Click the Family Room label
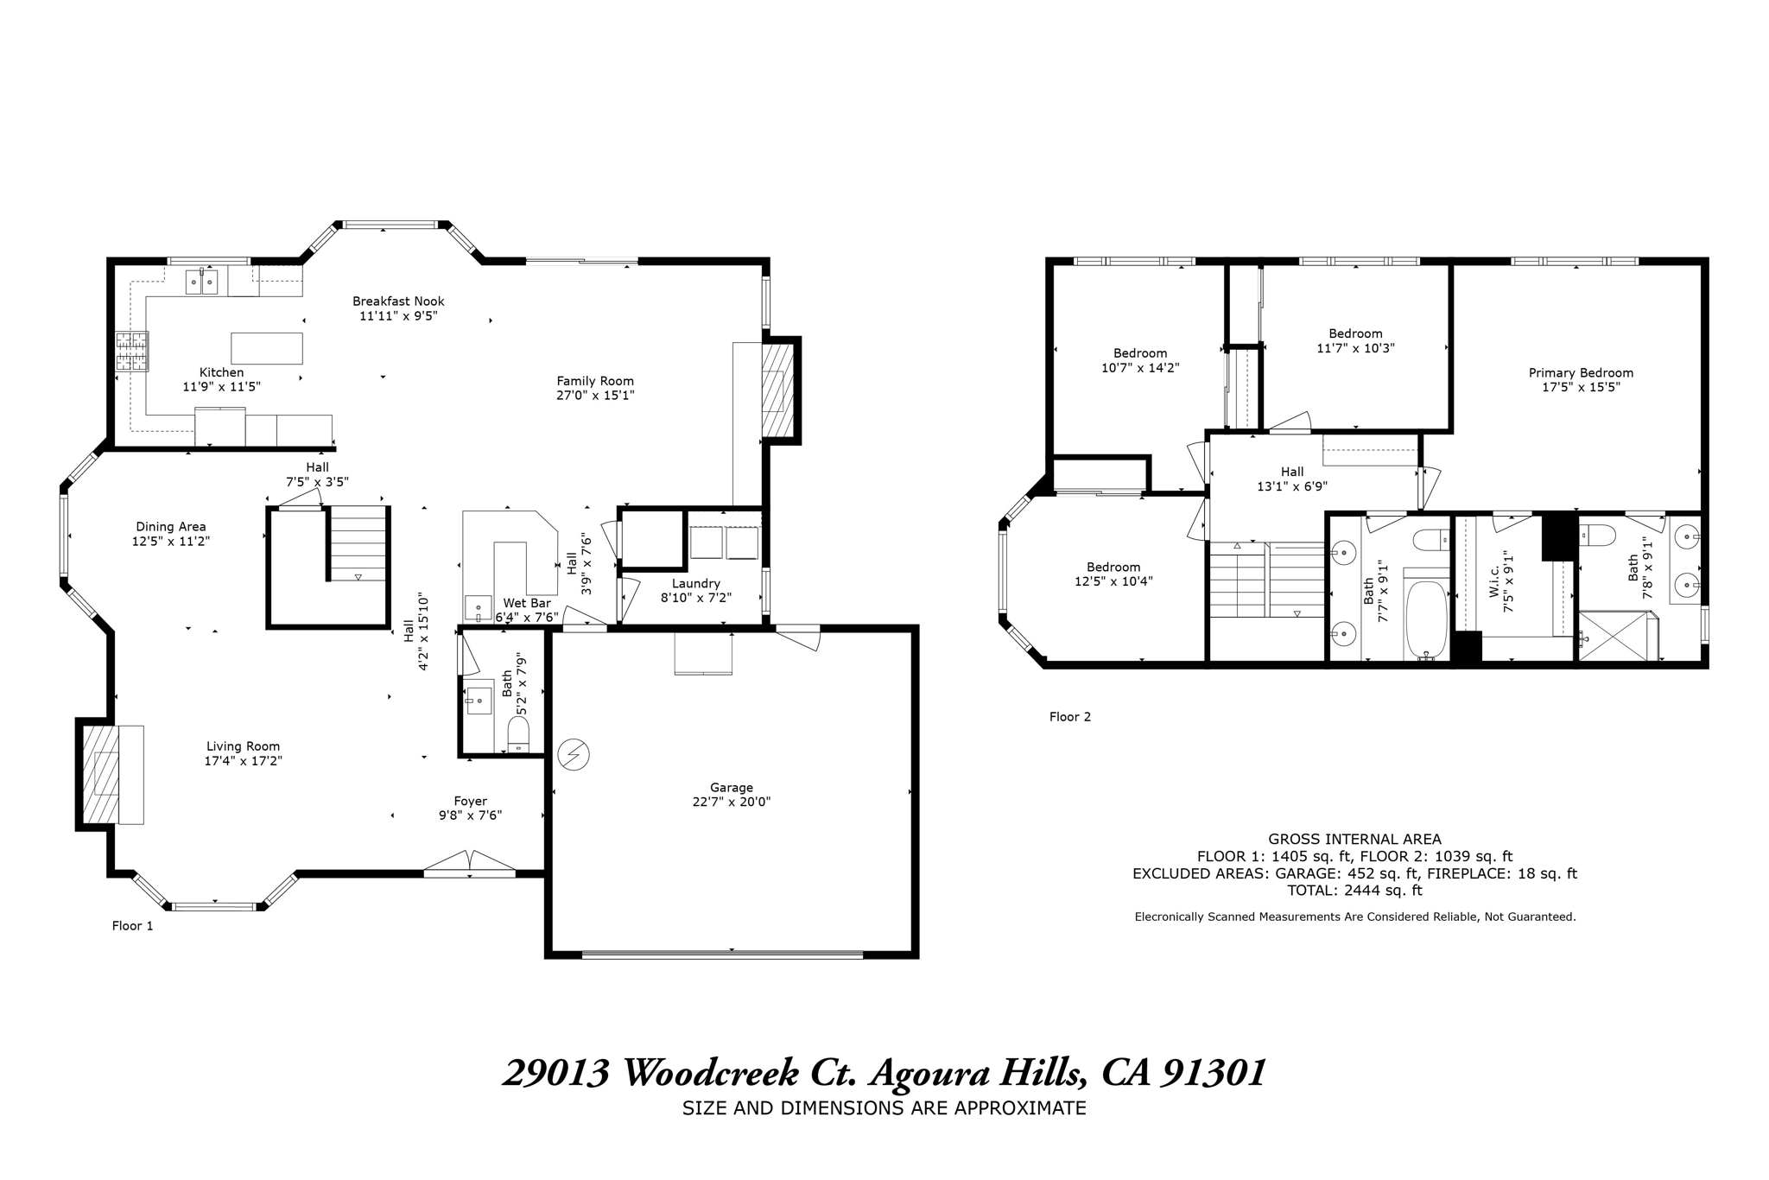click(x=595, y=381)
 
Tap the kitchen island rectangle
click(x=267, y=348)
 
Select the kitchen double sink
click(x=202, y=282)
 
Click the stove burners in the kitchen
click(x=132, y=352)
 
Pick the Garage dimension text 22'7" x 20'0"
click(x=732, y=802)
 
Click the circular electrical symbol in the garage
click(x=574, y=755)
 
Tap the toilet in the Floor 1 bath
click(x=518, y=735)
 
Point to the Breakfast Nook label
click(x=398, y=301)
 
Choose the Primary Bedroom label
click(x=1581, y=373)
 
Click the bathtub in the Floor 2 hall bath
click(x=1426, y=620)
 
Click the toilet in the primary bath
click(x=1598, y=536)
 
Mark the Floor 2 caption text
click(x=1070, y=717)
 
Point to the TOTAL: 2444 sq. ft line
click(x=1354, y=891)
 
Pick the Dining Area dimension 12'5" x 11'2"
click(x=171, y=542)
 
